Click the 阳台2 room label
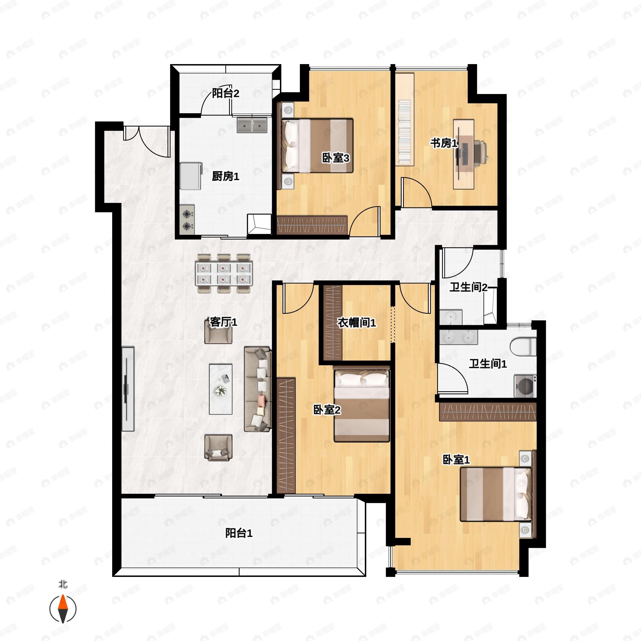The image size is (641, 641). click(x=226, y=93)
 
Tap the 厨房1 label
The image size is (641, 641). click(x=226, y=176)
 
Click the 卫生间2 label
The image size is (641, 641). click(x=468, y=287)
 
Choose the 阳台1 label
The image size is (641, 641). click(x=239, y=533)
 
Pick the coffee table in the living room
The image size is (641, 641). click(x=221, y=389)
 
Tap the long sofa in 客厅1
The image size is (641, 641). click(x=257, y=389)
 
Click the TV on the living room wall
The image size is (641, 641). click(x=128, y=389)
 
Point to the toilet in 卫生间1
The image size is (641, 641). click(x=523, y=346)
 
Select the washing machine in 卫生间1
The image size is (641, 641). click(x=525, y=386)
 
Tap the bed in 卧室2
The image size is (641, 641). click(x=362, y=404)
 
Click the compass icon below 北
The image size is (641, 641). click(x=63, y=609)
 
